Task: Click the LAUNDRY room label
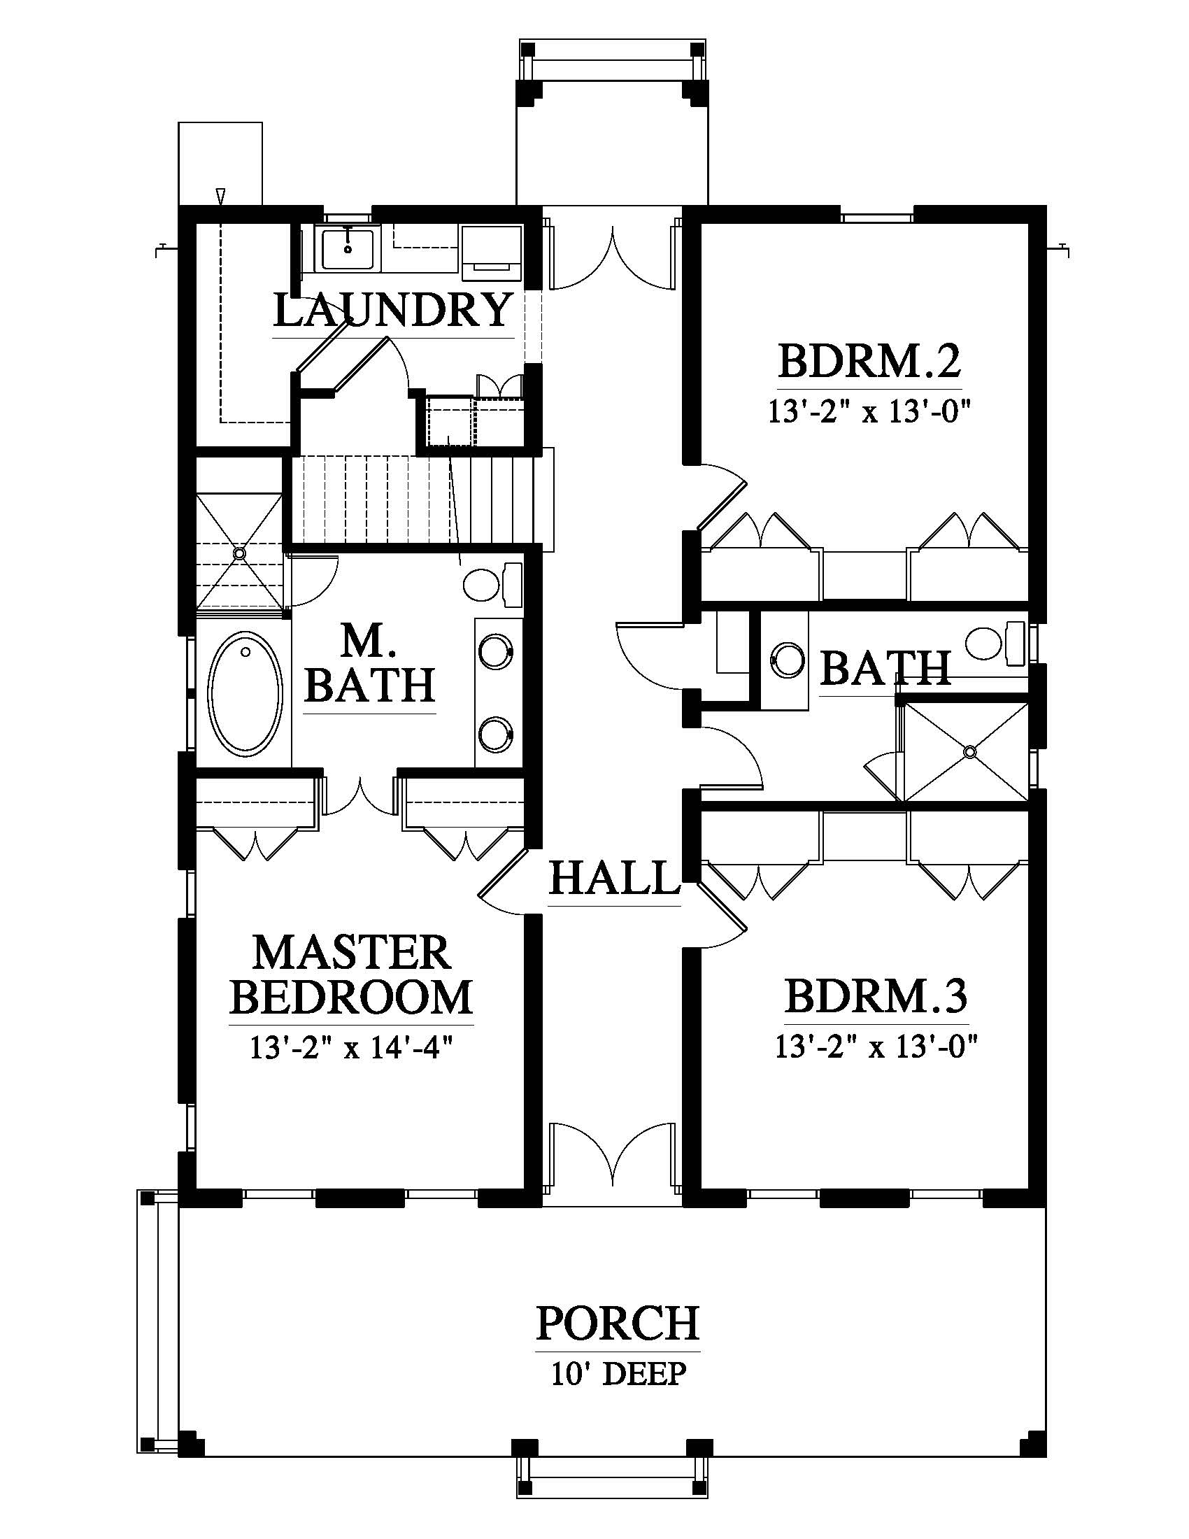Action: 392,310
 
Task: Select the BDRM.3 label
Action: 876,995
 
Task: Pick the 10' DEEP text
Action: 618,1373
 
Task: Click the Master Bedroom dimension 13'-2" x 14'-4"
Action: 350,1049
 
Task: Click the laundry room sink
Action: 348,247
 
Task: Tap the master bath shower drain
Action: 241,553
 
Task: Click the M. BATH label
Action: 369,663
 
